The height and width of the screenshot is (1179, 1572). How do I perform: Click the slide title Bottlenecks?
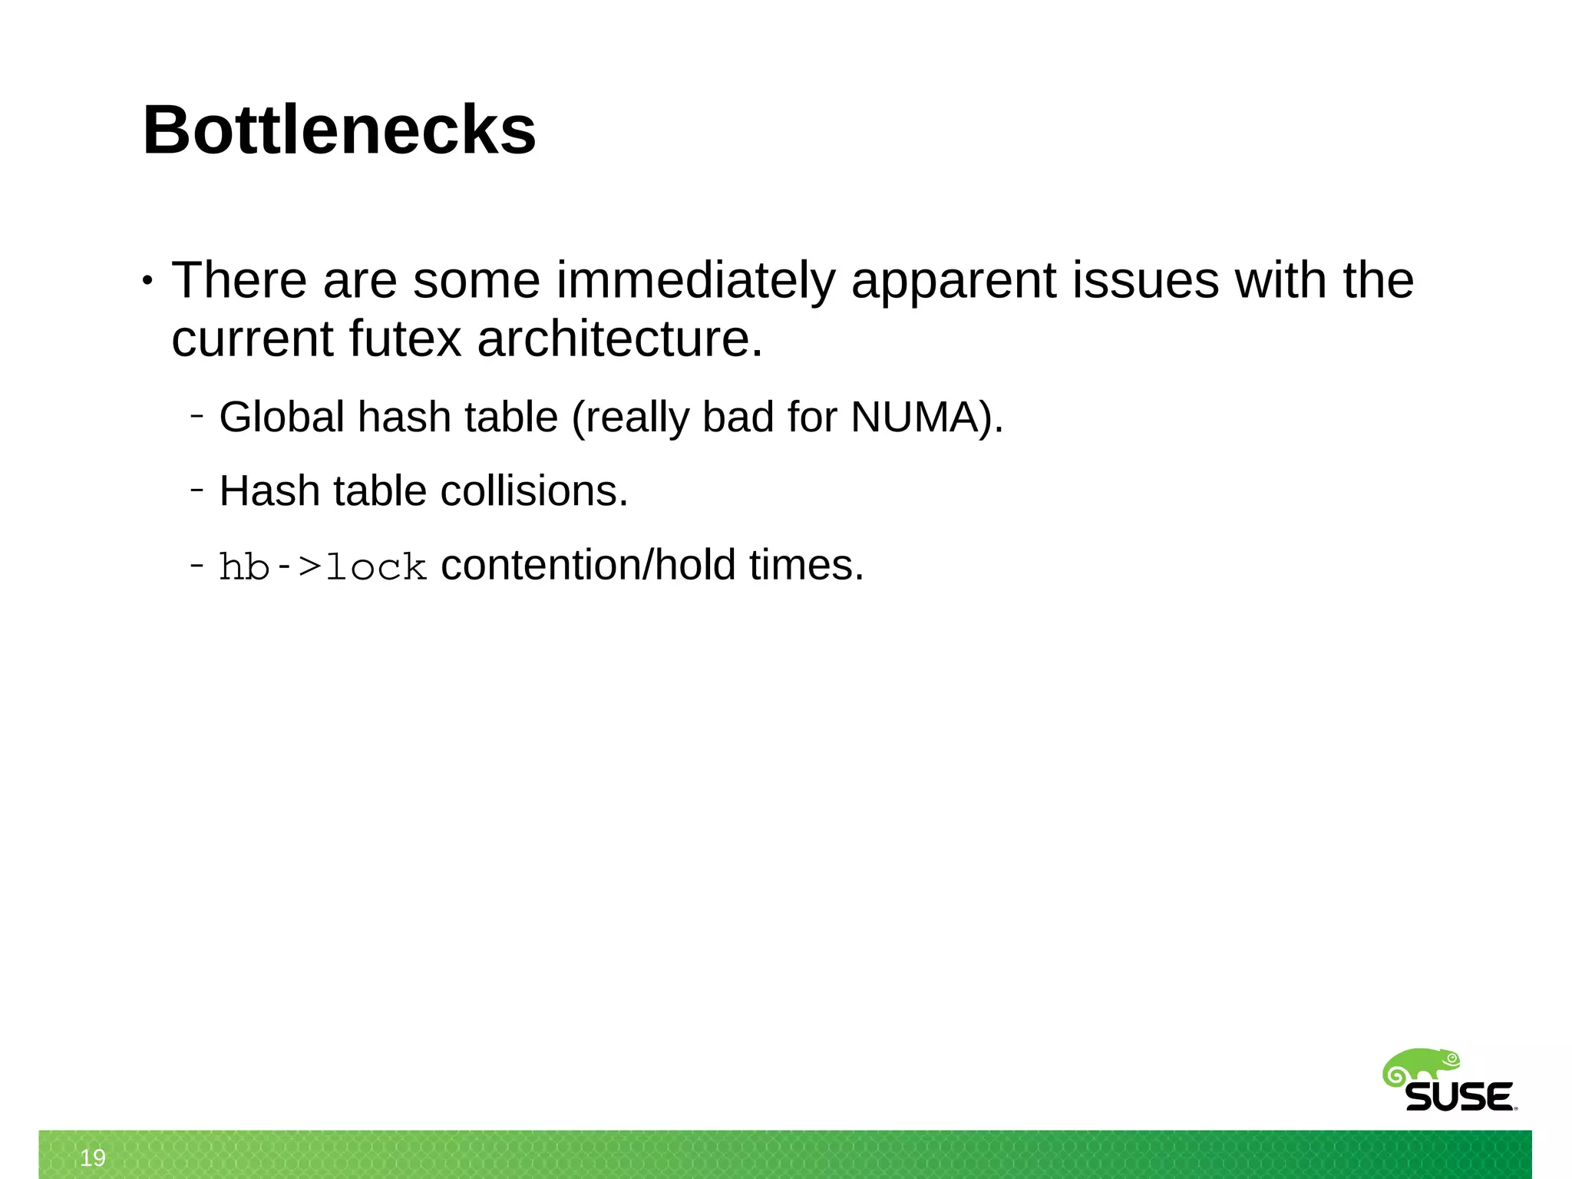click(x=339, y=130)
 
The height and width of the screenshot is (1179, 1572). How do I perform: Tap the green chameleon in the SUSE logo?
click(x=1420, y=1068)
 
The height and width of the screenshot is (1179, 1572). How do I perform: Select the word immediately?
click(x=695, y=281)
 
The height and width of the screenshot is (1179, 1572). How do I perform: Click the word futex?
click(x=405, y=339)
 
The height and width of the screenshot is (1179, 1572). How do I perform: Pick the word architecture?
click(x=620, y=339)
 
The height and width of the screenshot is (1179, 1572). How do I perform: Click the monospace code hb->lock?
click(x=322, y=567)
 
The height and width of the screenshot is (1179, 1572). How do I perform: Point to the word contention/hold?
click(x=589, y=565)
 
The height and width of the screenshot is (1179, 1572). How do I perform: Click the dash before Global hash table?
click(x=197, y=416)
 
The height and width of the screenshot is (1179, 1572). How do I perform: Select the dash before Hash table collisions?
click(x=197, y=490)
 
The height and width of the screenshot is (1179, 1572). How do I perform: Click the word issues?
click(x=1145, y=281)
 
